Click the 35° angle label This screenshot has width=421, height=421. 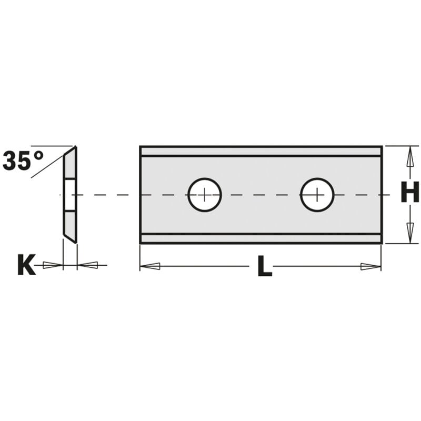pos(23,161)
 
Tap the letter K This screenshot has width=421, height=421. pos(26,265)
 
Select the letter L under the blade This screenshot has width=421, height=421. pos(265,266)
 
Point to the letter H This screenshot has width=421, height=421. pos(410,192)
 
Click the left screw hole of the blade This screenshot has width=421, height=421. pos(205,195)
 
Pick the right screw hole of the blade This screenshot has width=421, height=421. pos(317,195)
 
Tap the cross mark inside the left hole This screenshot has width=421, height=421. pos(205,195)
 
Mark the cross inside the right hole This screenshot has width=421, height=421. pos(317,195)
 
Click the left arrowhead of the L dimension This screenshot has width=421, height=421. pos(150,266)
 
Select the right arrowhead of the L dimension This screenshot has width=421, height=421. pos(371,267)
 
